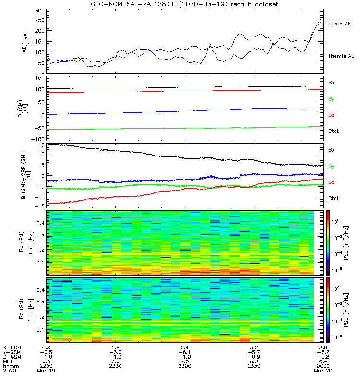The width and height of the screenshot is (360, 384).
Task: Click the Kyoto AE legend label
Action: (339, 24)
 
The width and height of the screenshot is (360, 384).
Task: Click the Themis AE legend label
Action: (341, 56)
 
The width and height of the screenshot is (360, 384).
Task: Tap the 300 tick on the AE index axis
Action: (40, 11)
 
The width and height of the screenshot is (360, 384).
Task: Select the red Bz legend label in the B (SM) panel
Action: (331, 115)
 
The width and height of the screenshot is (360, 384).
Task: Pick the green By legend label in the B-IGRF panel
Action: (331, 166)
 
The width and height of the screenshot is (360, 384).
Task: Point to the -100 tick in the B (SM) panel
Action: (38, 139)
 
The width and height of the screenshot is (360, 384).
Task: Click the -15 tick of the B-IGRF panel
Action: (39, 207)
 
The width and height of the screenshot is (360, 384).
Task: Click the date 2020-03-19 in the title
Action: (203, 4)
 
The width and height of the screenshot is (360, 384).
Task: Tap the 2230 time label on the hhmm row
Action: (115, 366)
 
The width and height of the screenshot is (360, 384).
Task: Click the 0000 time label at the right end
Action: (323, 366)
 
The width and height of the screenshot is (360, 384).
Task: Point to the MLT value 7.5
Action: (185, 361)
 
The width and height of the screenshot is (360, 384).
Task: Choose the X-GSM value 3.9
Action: (323, 348)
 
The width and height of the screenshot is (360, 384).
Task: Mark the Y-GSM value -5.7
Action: (254, 352)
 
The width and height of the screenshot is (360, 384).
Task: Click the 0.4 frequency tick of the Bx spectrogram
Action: (40, 223)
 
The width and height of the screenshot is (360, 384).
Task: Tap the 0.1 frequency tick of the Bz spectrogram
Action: (40, 330)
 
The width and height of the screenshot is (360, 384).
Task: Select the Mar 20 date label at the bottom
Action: (323, 371)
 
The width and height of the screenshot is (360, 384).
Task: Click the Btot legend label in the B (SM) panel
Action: (333, 131)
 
